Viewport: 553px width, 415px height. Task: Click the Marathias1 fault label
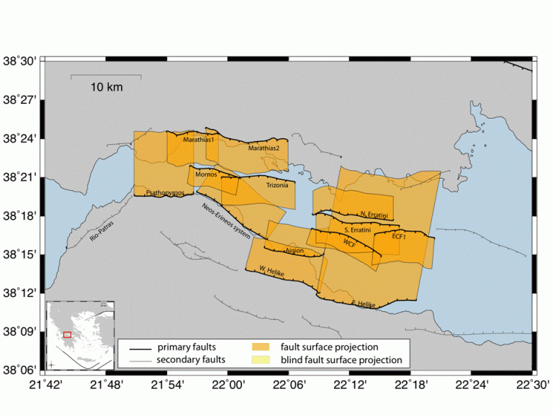pos(199,140)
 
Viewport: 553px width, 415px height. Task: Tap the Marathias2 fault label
pos(264,148)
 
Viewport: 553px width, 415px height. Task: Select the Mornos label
pos(205,175)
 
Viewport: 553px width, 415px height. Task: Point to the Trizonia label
pos(277,185)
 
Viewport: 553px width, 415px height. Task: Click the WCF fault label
pos(350,244)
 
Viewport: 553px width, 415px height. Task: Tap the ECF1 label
pos(400,236)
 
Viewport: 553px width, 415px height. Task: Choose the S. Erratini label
pos(357,230)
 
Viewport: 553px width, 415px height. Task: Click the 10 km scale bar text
pos(106,87)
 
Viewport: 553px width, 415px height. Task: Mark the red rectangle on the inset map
pos(67,334)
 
